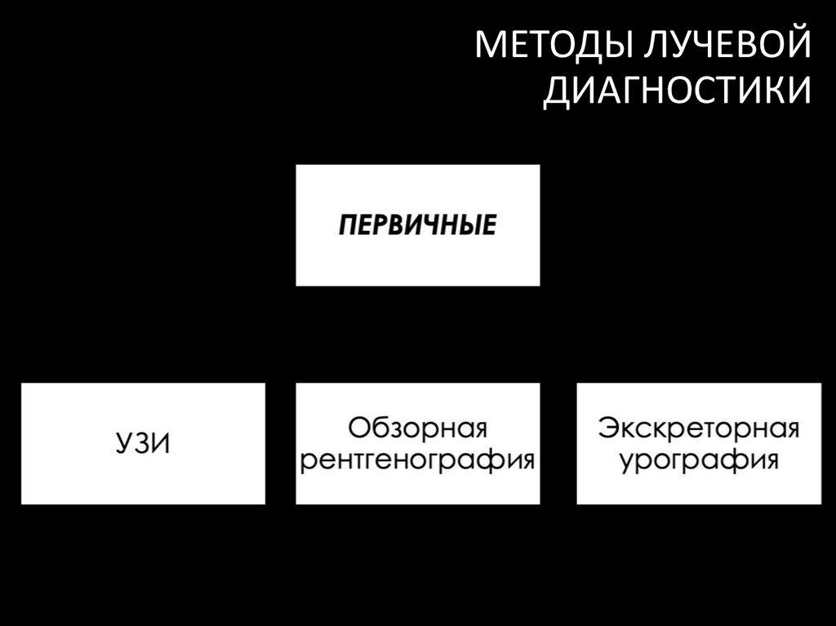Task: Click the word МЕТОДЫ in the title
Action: [x=551, y=47]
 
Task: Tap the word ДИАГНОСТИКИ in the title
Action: [x=678, y=91]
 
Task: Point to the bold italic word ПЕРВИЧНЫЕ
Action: [x=417, y=225]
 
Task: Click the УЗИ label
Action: [x=143, y=444]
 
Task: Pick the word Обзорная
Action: [x=417, y=428]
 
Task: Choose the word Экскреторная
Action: [x=698, y=428]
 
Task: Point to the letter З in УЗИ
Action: [x=142, y=444]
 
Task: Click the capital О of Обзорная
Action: [x=358, y=428]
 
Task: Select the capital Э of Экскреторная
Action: [x=608, y=428]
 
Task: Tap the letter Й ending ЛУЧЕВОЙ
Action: [x=798, y=45]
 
